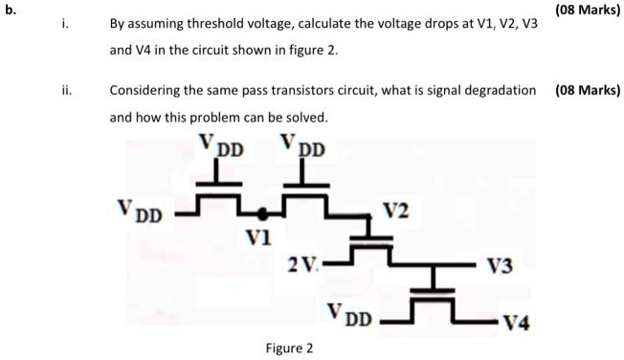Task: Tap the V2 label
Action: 397,210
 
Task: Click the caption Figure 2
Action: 289,348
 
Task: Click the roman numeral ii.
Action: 65,90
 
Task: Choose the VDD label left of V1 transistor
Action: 140,210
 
